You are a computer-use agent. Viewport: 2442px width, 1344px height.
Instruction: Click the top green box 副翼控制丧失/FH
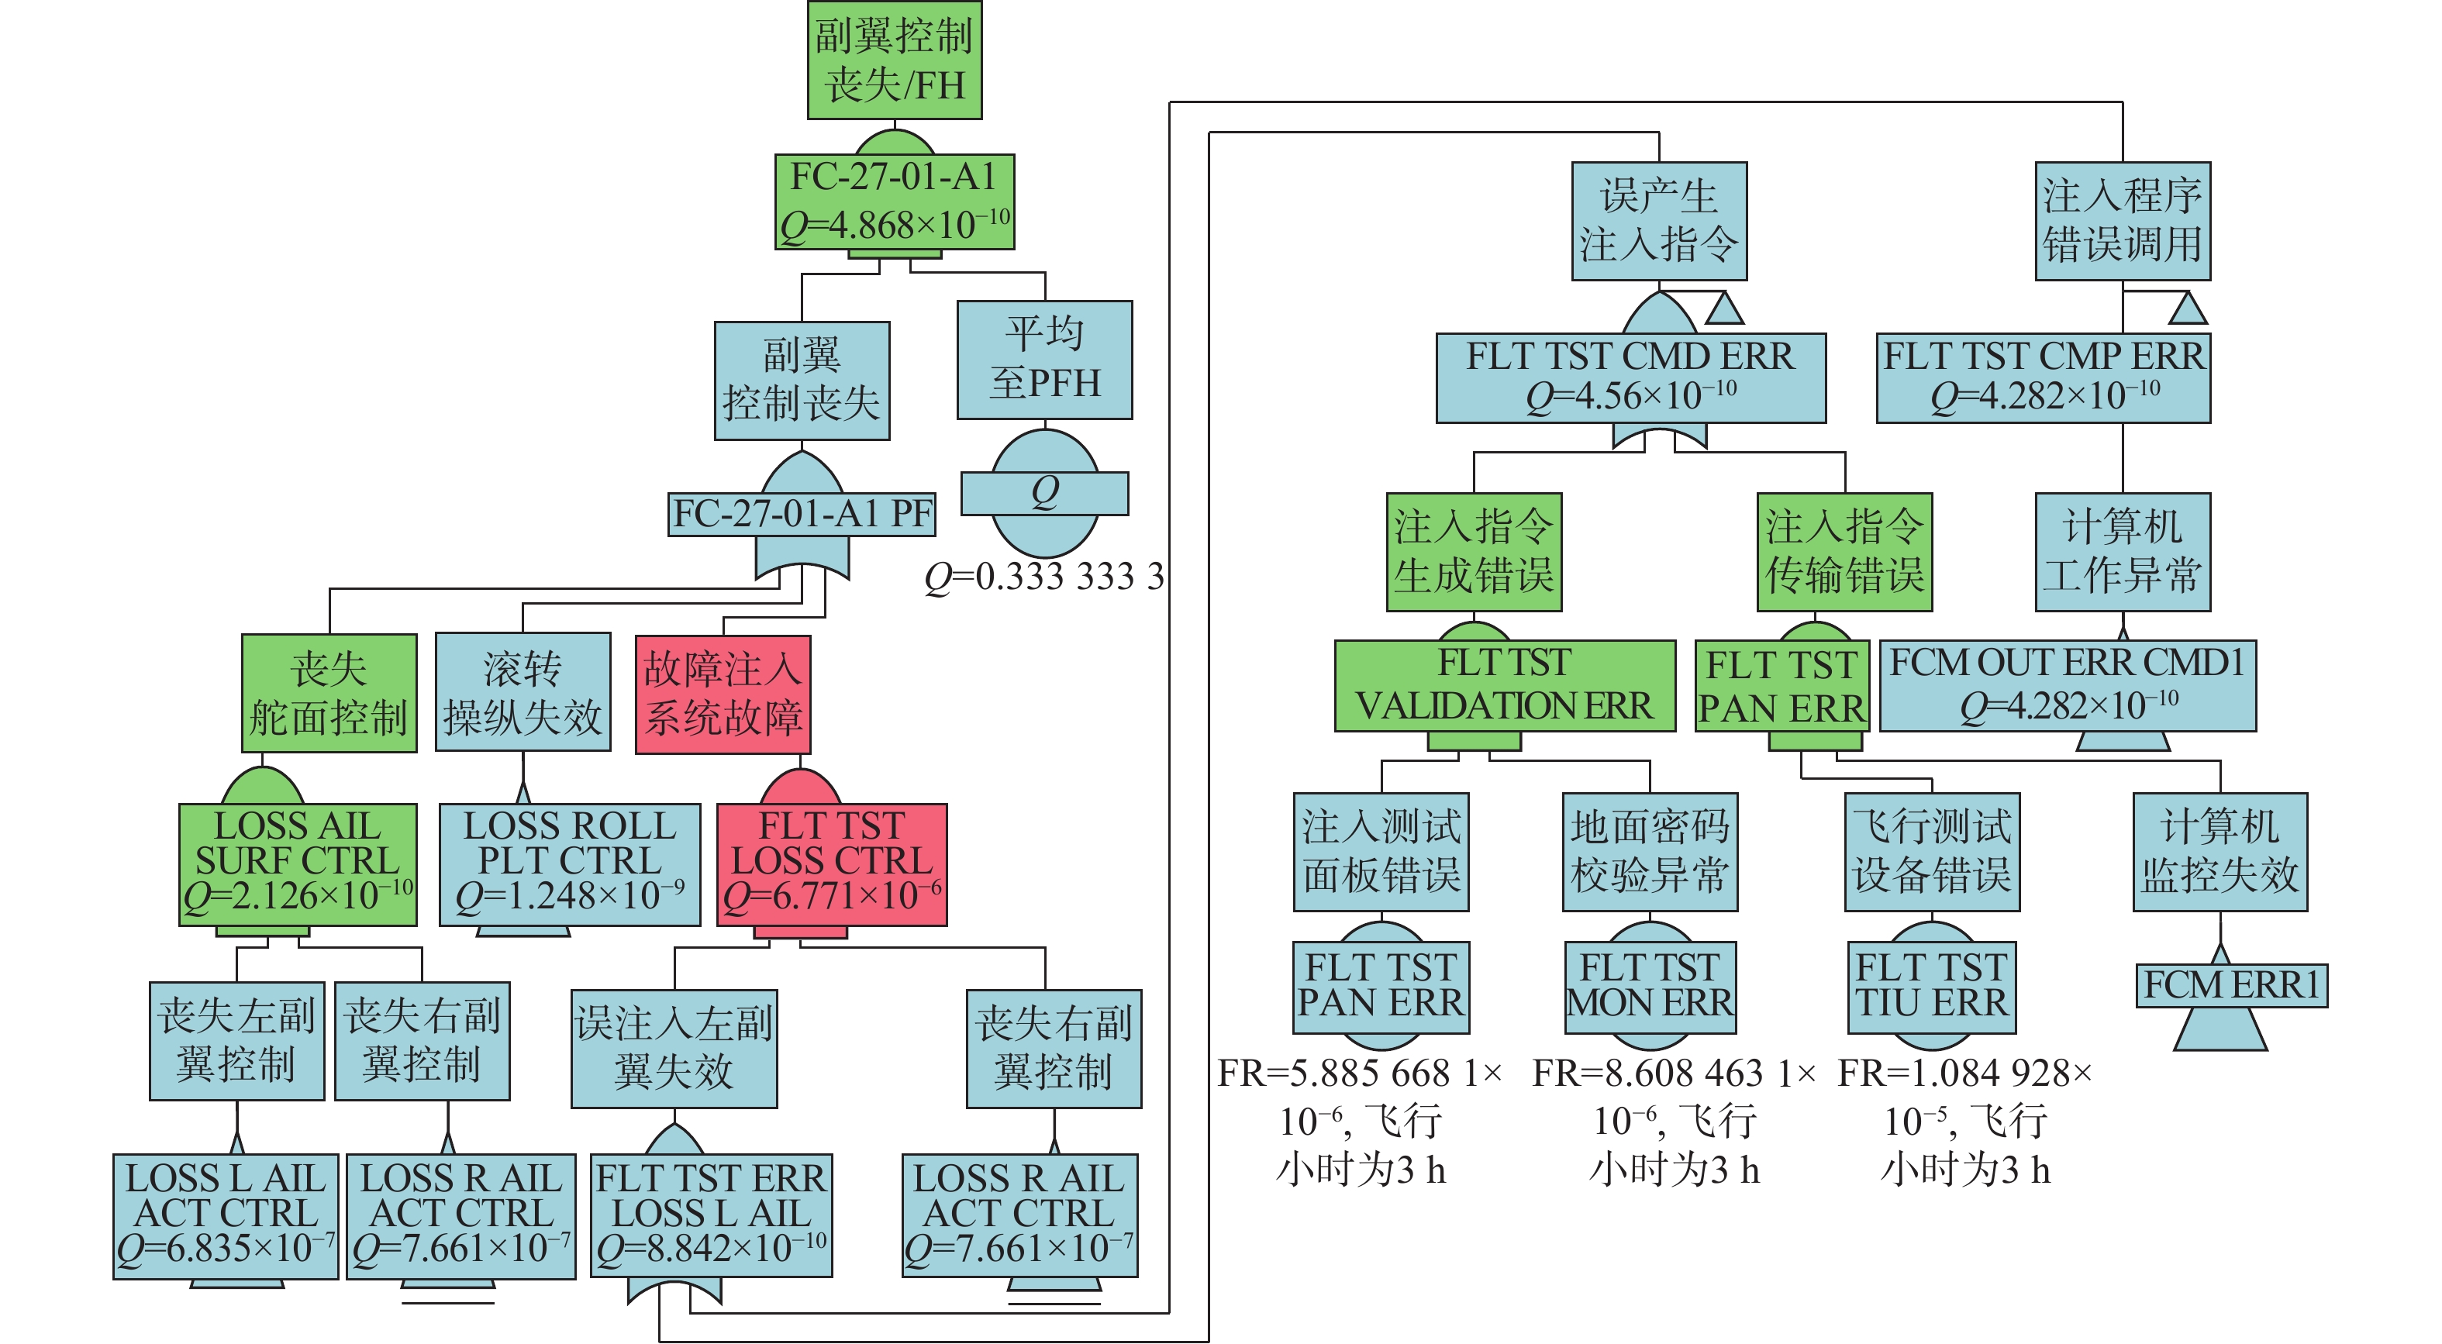click(894, 60)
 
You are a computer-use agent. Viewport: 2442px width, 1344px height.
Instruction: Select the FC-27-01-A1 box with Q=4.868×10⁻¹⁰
click(895, 202)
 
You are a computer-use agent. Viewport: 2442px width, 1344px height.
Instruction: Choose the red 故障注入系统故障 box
click(723, 694)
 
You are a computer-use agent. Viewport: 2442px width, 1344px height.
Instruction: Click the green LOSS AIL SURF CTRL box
click(298, 864)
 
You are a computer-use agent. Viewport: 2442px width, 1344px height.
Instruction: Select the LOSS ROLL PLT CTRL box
click(570, 864)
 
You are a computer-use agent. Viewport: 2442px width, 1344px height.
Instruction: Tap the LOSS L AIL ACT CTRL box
click(226, 1216)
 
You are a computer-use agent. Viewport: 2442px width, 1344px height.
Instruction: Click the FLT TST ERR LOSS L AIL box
click(712, 1216)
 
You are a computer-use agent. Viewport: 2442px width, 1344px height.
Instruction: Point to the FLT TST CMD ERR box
click(1631, 377)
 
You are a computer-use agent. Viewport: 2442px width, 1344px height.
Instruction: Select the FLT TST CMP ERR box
click(2044, 377)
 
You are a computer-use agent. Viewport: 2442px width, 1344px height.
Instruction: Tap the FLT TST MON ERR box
click(1650, 987)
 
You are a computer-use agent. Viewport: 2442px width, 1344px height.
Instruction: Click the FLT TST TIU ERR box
click(1932, 987)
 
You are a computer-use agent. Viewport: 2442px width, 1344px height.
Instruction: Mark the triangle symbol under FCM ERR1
click(2221, 1030)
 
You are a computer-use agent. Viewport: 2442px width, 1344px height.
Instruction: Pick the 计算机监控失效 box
click(2221, 852)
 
